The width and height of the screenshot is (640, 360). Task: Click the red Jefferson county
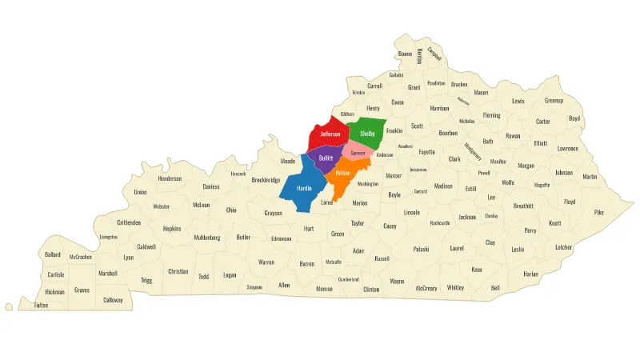pyautogui.click(x=325, y=134)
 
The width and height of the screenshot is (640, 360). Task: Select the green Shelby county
pyautogui.click(x=367, y=133)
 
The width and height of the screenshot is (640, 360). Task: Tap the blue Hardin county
pyautogui.click(x=304, y=189)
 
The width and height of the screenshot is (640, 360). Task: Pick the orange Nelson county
pyautogui.click(x=343, y=174)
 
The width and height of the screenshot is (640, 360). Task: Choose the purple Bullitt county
pyautogui.click(x=326, y=158)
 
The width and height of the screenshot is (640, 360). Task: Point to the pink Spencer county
pyautogui.click(x=358, y=152)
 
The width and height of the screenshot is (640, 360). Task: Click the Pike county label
pyautogui.click(x=598, y=212)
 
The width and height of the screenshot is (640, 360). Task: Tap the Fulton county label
pyautogui.click(x=41, y=305)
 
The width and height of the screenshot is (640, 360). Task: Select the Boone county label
pyautogui.click(x=405, y=54)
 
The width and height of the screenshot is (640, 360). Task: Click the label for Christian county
pyautogui.click(x=178, y=271)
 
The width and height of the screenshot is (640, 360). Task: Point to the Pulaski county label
pyautogui.click(x=422, y=249)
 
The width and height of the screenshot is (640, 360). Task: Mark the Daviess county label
pyautogui.click(x=211, y=186)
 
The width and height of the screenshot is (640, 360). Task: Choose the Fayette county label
pyautogui.click(x=426, y=151)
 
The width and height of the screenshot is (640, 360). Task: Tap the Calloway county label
pyautogui.click(x=113, y=300)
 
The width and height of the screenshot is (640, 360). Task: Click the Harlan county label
pyautogui.click(x=530, y=274)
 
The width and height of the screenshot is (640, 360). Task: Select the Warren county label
pyautogui.click(x=266, y=262)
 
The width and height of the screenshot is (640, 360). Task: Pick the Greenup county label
pyautogui.click(x=554, y=101)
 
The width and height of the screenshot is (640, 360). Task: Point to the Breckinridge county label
pyautogui.click(x=266, y=180)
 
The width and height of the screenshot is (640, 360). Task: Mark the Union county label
pyautogui.click(x=141, y=192)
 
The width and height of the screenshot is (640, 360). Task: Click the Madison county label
pyautogui.click(x=443, y=186)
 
